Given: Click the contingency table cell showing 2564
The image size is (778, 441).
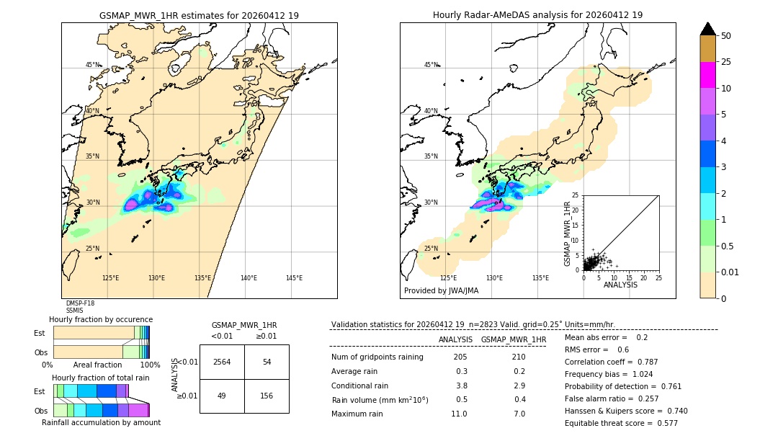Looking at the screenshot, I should pos(222,362).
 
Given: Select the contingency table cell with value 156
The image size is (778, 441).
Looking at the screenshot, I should pos(267,396).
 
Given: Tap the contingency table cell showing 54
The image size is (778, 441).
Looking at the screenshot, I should pos(267,362).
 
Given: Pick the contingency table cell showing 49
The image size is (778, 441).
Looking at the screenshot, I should pos(222,396).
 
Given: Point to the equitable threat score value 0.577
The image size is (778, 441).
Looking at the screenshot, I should pos(664,423).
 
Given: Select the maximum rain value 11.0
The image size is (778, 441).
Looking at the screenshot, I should pos(460,414).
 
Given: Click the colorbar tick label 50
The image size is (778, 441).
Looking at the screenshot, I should pos(727,36).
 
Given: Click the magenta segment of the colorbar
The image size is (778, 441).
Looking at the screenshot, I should pos(708,75).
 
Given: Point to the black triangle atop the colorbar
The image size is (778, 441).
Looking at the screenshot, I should pos(708,29).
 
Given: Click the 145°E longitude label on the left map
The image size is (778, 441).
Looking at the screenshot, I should pos(294,278).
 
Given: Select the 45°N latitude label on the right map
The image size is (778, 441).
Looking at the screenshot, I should pos(431,65).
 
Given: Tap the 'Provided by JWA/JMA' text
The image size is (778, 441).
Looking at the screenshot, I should pos(441,291).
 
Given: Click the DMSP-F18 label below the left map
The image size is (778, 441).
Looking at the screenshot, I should pos(80,303).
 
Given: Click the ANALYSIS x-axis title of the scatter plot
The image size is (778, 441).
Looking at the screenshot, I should pos(620,285).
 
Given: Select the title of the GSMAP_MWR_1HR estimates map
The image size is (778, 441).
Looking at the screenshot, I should pos(199,15).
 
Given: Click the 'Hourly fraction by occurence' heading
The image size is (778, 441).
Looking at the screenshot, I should pos(101,319).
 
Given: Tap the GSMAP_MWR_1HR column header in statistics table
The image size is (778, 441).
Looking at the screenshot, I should pos(514,339).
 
